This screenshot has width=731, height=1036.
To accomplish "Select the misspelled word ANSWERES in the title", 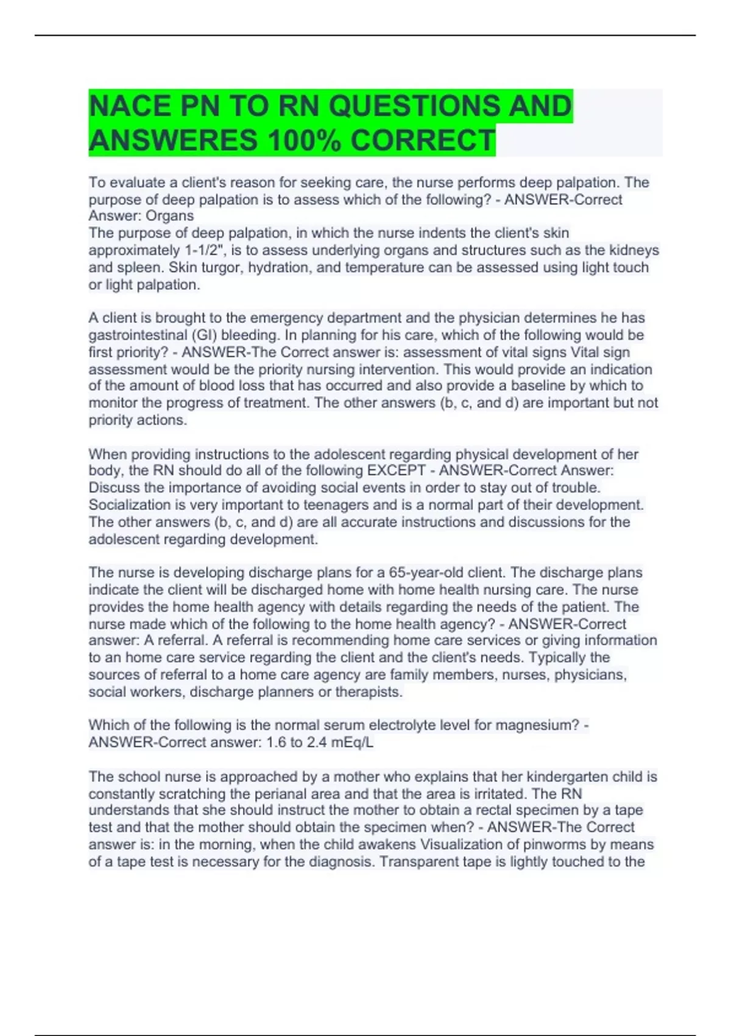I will click(x=172, y=141).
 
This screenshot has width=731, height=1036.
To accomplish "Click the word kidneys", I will click(x=634, y=250).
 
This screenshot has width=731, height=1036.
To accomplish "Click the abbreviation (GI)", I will click(x=204, y=335).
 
